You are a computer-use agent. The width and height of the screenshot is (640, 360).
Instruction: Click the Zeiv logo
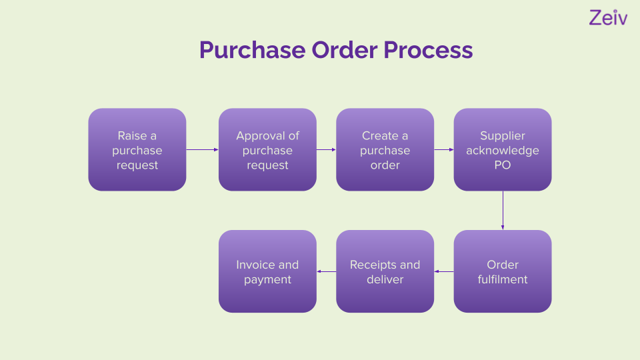point(608,18)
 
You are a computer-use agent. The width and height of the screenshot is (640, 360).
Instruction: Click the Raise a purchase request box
point(137,150)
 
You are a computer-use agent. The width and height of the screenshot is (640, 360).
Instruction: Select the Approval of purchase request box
point(267,150)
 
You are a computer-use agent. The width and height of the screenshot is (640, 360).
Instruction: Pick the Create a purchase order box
point(385,150)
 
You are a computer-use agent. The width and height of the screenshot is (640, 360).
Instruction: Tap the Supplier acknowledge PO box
point(503,150)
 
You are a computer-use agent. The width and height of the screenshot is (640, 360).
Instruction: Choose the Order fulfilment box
point(503,271)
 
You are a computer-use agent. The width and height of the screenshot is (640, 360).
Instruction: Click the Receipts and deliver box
point(385,271)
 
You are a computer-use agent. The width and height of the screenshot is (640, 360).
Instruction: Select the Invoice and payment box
point(267,271)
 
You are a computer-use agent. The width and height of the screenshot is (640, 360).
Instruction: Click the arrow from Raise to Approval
point(202,150)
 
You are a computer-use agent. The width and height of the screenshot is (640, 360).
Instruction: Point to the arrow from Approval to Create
point(326,150)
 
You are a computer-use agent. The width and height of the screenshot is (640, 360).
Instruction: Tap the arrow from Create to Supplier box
point(443,150)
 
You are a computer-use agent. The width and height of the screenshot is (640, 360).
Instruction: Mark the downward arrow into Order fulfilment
point(503,210)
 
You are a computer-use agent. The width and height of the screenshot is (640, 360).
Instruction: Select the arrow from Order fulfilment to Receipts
point(444,271)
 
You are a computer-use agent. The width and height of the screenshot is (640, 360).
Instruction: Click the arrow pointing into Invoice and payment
point(326,271)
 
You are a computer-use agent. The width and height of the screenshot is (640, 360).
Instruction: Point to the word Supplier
point(503,135)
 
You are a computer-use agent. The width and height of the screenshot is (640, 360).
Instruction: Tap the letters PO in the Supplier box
point(503,165)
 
